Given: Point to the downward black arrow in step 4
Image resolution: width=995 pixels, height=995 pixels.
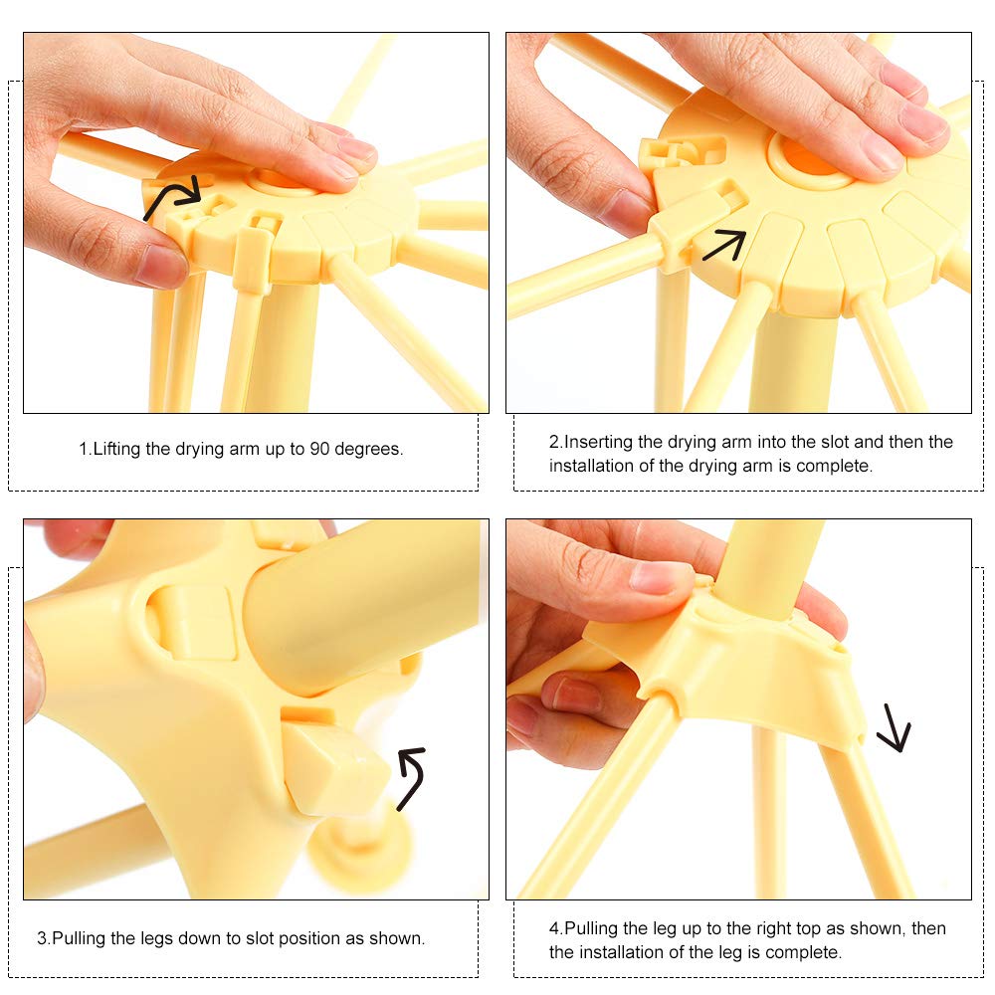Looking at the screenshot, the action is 895,728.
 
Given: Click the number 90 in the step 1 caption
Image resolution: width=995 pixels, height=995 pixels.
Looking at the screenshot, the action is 319,450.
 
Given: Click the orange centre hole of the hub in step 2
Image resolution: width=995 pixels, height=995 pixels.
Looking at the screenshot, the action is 810,158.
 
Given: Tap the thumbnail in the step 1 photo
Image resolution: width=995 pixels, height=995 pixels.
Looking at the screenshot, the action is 162,264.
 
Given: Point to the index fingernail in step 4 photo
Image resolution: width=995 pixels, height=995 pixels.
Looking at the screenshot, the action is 659,575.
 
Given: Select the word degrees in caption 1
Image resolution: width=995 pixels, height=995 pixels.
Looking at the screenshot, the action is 369,450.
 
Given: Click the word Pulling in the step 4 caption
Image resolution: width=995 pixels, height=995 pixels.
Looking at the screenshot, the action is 591,929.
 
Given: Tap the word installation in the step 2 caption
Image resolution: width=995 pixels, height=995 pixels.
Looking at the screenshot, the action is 591,466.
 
